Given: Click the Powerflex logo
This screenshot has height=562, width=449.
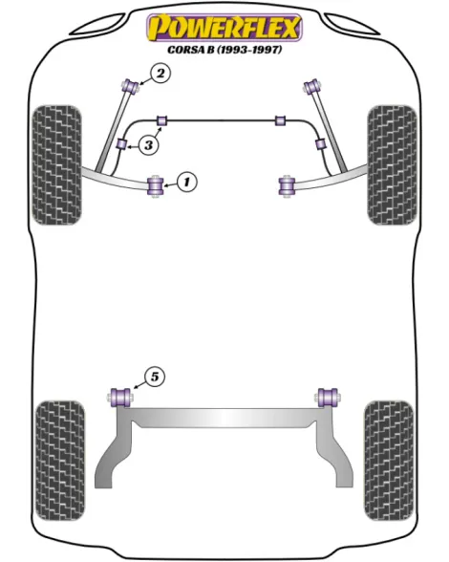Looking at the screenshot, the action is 224,28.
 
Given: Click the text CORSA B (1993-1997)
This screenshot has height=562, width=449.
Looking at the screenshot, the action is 224,50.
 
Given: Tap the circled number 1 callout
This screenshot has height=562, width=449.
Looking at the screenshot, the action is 186,182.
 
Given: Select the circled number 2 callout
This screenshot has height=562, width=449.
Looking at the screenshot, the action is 160,74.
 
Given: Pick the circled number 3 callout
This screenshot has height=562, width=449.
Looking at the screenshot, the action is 148,145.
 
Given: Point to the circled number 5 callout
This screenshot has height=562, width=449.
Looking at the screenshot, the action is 155,377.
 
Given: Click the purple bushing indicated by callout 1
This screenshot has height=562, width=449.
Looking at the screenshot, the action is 156,185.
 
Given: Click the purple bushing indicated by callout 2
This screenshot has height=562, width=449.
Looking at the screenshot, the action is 131,86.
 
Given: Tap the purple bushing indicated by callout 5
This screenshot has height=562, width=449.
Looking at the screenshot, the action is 120,398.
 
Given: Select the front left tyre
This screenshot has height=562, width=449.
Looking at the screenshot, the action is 56,165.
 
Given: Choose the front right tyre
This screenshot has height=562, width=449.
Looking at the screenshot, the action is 393,165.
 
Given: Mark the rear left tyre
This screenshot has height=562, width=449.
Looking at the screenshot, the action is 60,461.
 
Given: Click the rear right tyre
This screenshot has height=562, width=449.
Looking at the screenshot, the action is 389,461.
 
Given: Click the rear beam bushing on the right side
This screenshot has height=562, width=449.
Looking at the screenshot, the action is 328,398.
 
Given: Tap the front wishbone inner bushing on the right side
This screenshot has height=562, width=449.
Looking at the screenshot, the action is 287,185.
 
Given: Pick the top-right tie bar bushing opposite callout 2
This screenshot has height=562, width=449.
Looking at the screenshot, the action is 312,86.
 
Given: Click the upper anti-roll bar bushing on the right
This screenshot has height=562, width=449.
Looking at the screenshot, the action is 280,120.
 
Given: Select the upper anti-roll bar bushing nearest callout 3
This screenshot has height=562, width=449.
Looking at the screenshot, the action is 162,120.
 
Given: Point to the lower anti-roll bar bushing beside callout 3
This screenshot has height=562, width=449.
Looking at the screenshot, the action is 122,144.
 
